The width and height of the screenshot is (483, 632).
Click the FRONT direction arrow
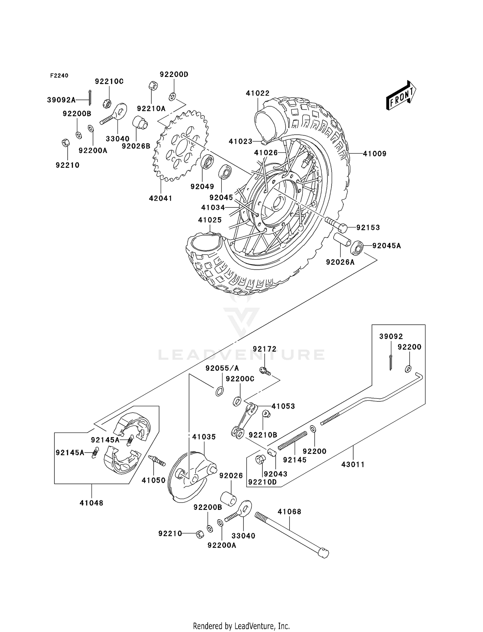(401, 96)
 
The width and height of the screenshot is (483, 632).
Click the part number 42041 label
(160, 198)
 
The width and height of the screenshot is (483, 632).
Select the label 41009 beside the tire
(374, 154)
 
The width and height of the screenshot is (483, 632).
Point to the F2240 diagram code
(59, 76)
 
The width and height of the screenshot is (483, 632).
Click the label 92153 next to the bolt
(368, 227)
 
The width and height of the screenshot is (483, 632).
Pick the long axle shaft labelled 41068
(290, 535)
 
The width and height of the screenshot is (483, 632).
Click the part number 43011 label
(353, 464)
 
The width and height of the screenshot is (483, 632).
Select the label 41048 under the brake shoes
(91, 503)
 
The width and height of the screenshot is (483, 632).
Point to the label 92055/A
(222, 368)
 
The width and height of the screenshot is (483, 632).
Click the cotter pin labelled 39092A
(90, 97)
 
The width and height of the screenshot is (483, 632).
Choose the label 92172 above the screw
(264, 349)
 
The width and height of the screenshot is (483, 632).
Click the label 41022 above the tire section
(258, 93)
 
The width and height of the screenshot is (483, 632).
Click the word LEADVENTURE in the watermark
(241, 355)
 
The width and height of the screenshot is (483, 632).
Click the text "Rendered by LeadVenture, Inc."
(241, 626)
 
